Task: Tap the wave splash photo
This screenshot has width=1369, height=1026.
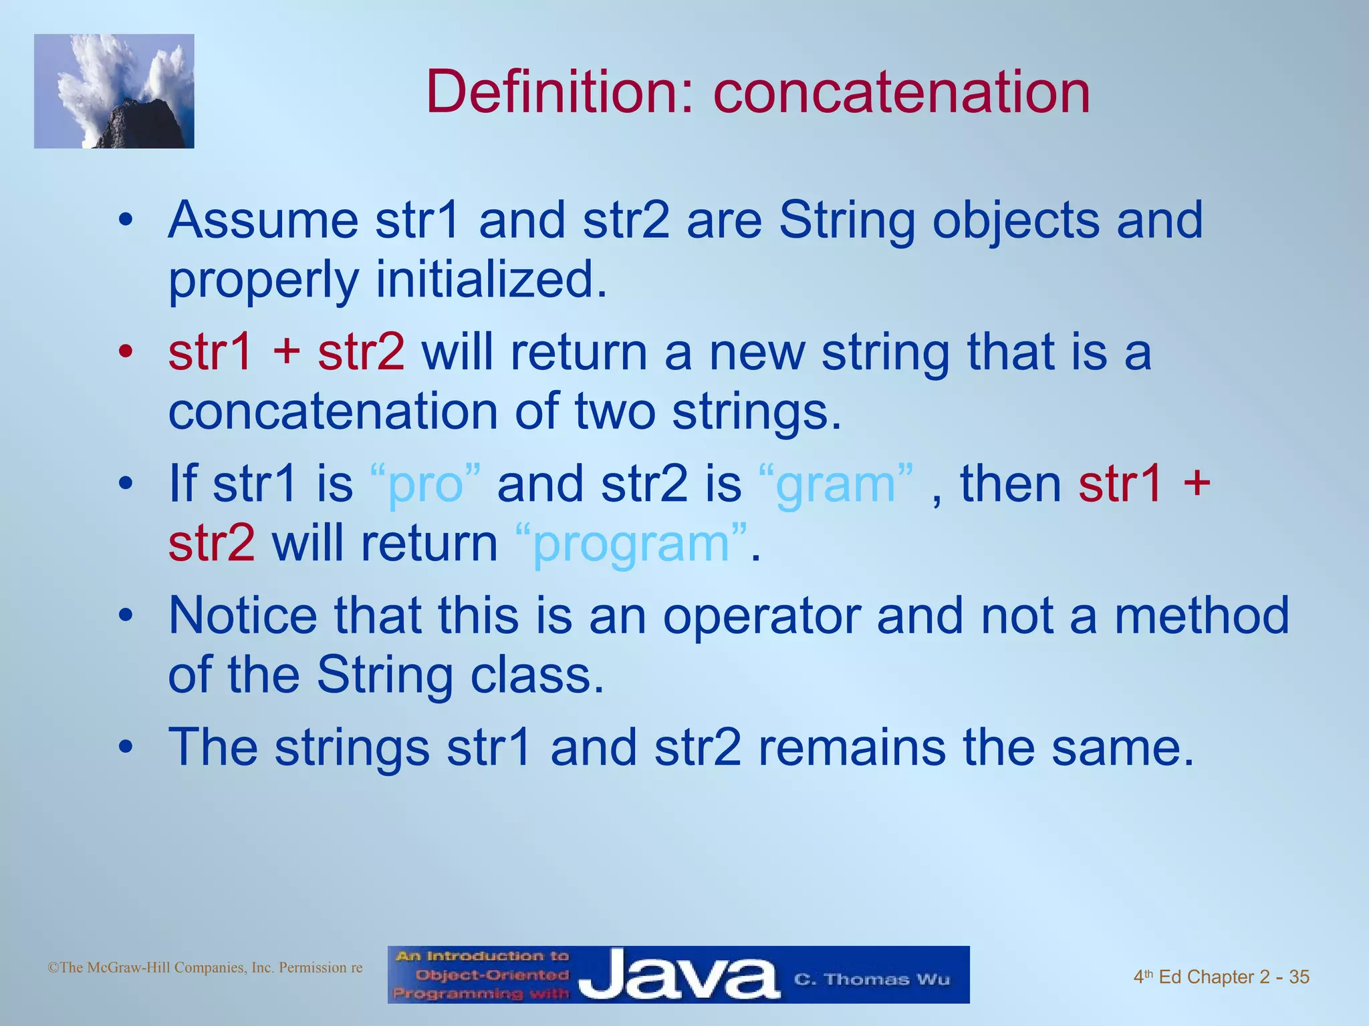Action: [114, 92]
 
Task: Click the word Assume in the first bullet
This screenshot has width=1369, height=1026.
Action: [263, 220]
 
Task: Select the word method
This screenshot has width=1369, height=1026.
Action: [1201, 615]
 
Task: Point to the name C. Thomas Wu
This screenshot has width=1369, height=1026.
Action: [872, 979]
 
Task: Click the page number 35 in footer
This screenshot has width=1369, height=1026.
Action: [1299, 977]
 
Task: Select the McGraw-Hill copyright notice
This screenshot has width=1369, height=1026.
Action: [205, 967]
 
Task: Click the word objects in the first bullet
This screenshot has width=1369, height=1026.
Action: [1015, 220]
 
